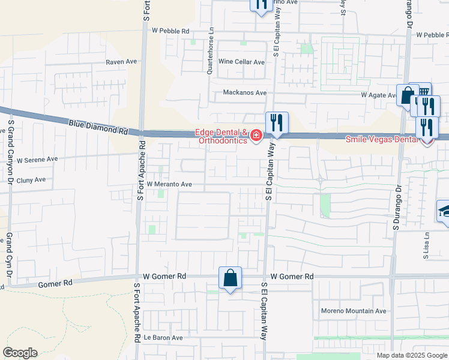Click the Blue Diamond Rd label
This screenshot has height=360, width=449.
(x=98, y=127)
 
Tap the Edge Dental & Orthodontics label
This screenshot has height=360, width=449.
(x=220, y=136)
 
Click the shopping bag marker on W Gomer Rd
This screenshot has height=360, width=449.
(x=230, y=278)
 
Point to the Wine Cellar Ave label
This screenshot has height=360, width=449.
(x=241, y=62)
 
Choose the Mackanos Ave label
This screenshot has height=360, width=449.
(x=244, y=93)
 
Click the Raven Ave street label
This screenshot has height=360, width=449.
(x=122, y=62)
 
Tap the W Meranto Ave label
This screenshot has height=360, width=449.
(x=169, y=184)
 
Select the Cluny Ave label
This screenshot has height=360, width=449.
(x=31, y=179)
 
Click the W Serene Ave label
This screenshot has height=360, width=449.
(x=37, y=160)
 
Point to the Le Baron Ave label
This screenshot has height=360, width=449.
(x=167, y=338)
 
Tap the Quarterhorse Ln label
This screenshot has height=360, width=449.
(x=209, y=51)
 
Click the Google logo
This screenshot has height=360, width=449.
(x=20, y=353)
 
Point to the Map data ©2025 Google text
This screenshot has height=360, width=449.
(x=412, y=355)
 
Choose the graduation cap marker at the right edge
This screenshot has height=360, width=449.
(x=444, y=211)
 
